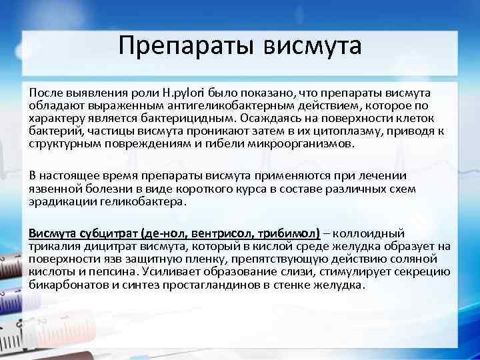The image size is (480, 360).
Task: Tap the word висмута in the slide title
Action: pos(313,46)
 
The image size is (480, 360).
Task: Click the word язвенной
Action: pos(53,189)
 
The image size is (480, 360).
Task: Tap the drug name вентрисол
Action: pos(221,234)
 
